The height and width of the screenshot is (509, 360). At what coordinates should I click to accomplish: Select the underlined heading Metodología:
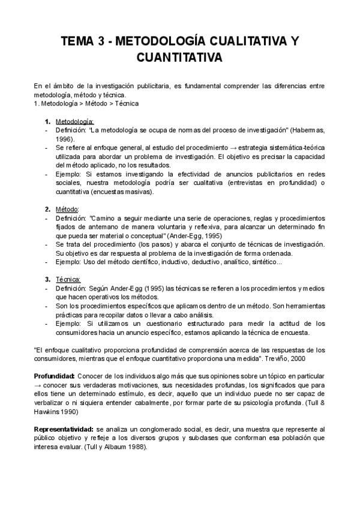point(74,121)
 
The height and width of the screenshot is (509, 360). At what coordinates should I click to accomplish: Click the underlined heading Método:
point(67,209)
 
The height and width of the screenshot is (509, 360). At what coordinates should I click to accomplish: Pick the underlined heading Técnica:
point(68,279)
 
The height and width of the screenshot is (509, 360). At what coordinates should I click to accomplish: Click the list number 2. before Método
point(47,209)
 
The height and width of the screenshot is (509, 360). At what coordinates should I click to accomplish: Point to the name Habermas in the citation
point(309,129)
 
